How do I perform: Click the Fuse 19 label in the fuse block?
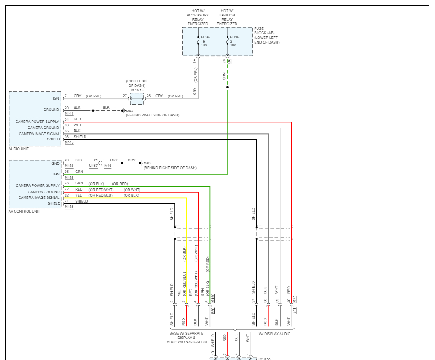(x=205, y=41)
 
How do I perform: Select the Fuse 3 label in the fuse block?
(x=234, y=41)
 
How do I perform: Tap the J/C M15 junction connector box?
(x=137, y=98)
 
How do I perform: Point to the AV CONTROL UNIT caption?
(x=24, y=211)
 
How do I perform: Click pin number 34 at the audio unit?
(x=66, y=119)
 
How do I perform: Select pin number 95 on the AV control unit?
(x=66, y=172)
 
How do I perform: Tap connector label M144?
(x=69, y=113)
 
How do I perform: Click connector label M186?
(x=69, y=178)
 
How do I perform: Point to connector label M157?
(x=93, y=166)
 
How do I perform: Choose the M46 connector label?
(x=108, y=166)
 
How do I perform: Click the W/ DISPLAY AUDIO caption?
(x=274, y=333)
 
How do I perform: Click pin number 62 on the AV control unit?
(x=66, y=195)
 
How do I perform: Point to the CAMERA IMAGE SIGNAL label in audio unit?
(x=39, y=134)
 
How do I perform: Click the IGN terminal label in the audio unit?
(x=56, y=98)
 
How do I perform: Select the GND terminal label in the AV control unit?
(x=56, y=164)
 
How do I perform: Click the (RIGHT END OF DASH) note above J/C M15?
(x=137, y=83)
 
